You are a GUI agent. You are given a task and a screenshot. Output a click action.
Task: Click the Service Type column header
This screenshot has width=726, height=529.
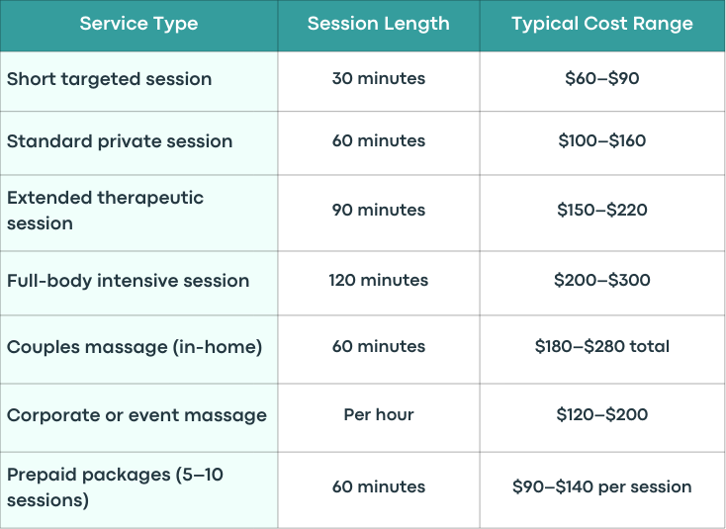click(138, 24)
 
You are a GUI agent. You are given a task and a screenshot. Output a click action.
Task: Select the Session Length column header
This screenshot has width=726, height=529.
click(378, 24)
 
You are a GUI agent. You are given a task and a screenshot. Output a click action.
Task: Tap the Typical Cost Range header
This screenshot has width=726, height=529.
click(602, 24)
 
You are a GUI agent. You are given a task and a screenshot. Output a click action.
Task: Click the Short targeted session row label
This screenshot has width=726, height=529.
click(109, 79)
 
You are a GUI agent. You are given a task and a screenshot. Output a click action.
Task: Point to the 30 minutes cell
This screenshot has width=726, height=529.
click(378, 78)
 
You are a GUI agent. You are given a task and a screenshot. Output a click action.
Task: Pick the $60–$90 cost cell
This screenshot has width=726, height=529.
click(602, 78)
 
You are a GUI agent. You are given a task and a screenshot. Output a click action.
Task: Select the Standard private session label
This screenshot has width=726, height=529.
click(120, 141)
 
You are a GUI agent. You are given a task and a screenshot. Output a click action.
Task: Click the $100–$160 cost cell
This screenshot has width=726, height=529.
click(602, 140)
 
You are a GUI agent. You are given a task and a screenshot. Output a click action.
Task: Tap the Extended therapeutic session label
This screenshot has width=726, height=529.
click(105, 211)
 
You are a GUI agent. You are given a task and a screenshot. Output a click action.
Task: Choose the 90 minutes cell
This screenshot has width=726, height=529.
click(378, 210)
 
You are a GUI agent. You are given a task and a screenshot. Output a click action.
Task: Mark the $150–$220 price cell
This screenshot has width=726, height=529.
click(602, 210)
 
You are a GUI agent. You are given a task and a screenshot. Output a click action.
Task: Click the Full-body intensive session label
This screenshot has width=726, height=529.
click(128, 281)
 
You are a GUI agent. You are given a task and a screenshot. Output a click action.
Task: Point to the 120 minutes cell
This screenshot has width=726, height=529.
click(378, 280)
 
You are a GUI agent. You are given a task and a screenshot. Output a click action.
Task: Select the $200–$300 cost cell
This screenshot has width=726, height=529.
click(602, 280)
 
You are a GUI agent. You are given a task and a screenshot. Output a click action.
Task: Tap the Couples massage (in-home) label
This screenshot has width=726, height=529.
click(135, 347)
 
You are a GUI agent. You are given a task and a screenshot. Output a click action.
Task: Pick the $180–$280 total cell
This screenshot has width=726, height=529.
click(602, 346)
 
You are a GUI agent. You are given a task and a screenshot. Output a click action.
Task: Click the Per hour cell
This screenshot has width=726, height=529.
click(378, 414)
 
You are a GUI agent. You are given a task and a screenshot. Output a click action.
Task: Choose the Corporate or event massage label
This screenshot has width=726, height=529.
click(136, 415)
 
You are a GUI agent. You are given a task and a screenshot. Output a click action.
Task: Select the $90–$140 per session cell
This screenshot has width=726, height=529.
click(602, 486)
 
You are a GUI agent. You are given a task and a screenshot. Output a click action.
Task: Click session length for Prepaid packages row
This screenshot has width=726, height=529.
click(378, 486)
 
